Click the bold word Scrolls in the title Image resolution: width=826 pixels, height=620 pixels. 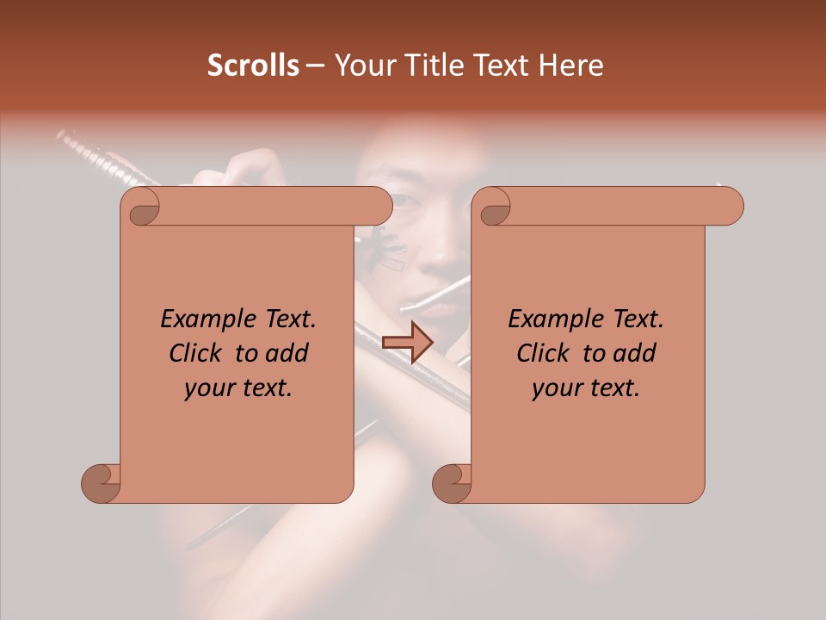point(254,65)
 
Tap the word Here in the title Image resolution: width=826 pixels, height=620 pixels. point(571,65)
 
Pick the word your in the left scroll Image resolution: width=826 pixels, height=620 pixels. point(208,388)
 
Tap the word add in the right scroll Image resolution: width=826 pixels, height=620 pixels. point(633,353)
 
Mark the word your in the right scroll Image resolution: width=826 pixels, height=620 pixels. point(556,388)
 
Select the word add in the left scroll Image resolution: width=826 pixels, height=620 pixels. point(286,353)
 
